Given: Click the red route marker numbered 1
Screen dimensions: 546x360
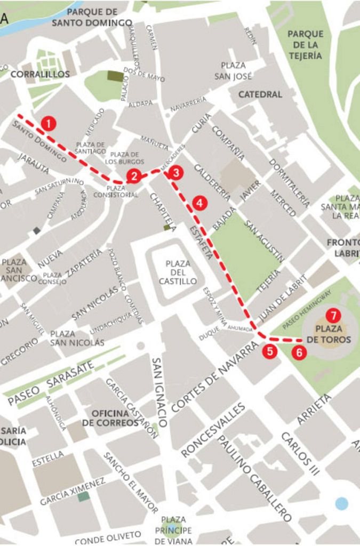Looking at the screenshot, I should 49,124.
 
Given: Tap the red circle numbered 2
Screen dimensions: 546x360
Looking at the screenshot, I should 134,176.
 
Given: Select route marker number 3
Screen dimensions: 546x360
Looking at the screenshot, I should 175,172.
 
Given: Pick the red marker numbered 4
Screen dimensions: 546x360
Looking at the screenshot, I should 199,203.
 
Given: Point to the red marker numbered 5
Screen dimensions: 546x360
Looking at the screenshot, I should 270,351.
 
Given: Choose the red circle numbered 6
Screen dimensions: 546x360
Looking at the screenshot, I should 300,352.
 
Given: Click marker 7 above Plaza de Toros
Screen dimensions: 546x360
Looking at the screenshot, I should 333,315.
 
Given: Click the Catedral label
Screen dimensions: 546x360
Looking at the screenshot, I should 260,94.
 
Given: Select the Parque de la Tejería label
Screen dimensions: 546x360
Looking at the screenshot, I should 305,45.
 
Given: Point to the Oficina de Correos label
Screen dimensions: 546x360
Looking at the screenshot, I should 110,418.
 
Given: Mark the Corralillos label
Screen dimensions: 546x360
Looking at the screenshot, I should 40,74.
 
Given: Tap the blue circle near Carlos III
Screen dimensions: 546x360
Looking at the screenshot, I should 341,503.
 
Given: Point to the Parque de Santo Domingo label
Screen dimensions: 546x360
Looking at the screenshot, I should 92,17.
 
